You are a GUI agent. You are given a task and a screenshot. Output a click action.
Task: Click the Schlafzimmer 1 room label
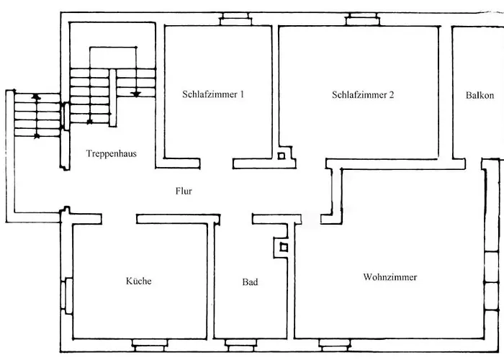(213, 94)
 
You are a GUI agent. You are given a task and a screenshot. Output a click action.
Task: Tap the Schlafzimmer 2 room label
(363, 94)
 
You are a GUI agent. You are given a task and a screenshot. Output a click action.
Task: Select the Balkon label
(480, 95)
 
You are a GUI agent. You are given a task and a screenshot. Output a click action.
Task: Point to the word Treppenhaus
(111, 153)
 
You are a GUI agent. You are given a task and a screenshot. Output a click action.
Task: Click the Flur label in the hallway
(184, 191)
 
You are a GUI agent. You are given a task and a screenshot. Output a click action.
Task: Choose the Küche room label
(138, 281)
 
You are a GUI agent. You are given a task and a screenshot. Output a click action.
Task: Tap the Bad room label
(250, 282)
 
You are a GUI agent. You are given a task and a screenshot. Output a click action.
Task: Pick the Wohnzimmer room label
(390, 277)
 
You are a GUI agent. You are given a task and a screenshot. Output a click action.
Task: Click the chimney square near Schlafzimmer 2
(282, 156)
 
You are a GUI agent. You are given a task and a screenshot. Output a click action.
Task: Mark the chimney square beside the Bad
(284, 248)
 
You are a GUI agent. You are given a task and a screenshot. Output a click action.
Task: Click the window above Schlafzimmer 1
(235, 19)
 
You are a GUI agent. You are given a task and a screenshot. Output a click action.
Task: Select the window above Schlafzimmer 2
(363, 19)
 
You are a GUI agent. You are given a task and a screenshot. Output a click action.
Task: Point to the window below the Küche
(150, 346)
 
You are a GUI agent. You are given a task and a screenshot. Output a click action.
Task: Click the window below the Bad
(240, 346)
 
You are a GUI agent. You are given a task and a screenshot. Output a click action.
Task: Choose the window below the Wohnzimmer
(335, 345)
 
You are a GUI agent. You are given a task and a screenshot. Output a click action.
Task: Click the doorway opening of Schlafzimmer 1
(216, 163)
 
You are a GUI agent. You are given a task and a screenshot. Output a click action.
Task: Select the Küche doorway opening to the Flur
(120, 219)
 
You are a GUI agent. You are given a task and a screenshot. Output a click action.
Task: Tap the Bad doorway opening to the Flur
(236, 219)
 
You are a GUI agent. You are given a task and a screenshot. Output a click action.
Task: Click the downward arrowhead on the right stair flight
(136, 94)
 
